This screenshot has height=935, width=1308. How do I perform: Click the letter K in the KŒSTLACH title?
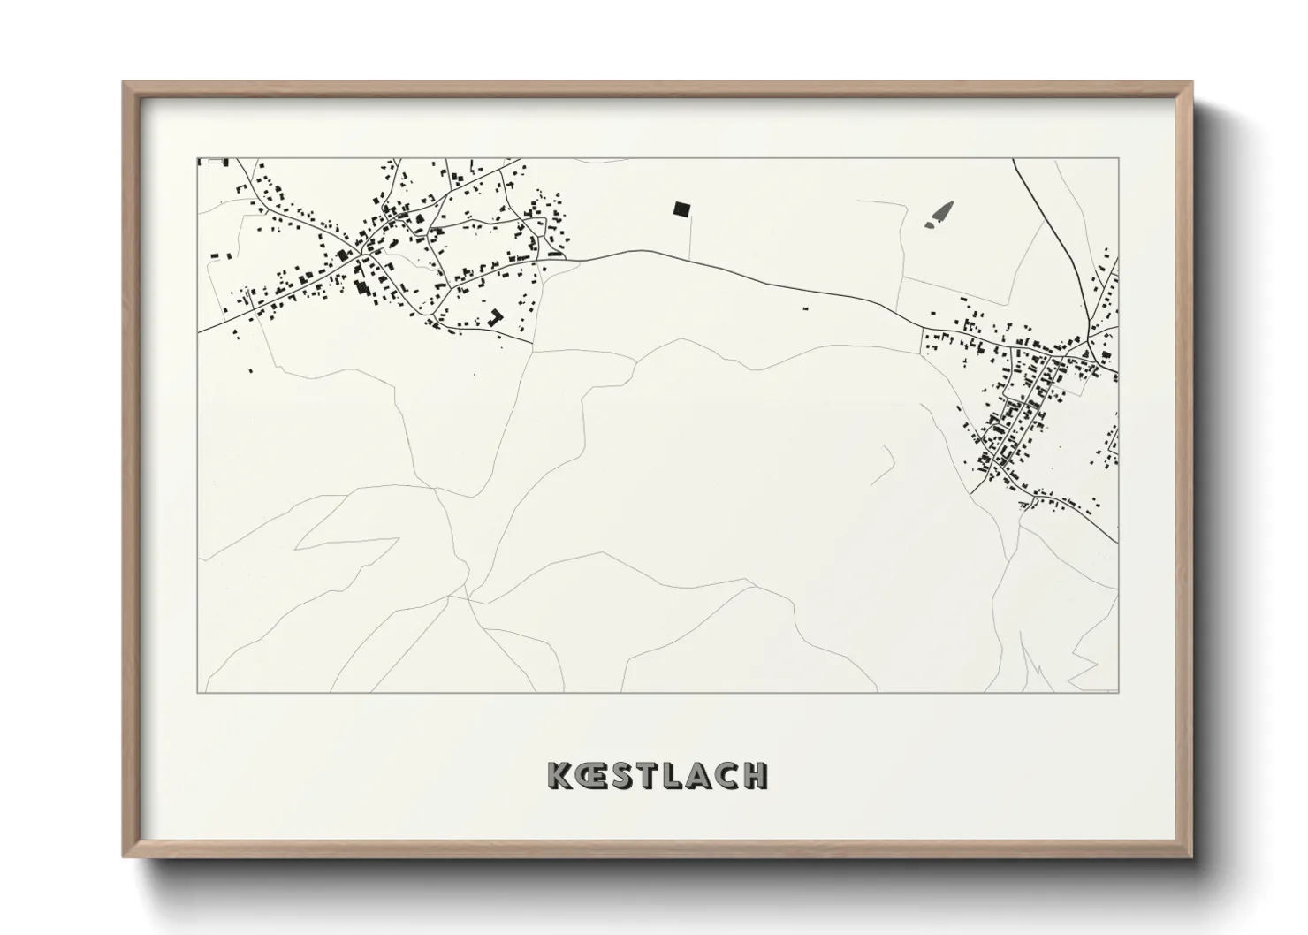[x=559, y=775]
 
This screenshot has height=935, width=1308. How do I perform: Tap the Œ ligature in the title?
[x=589, y=775]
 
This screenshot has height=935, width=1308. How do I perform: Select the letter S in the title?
[x=622, y=775]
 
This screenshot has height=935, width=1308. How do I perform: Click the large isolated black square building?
[x=681, y=209]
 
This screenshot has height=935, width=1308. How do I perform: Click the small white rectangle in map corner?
[x=216, y=162]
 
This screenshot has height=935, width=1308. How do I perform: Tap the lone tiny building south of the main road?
[x=805, y=308]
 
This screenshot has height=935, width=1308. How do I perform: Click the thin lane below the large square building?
[x=689, y=237]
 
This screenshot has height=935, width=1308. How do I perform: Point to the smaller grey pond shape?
[x=931, y=224]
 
